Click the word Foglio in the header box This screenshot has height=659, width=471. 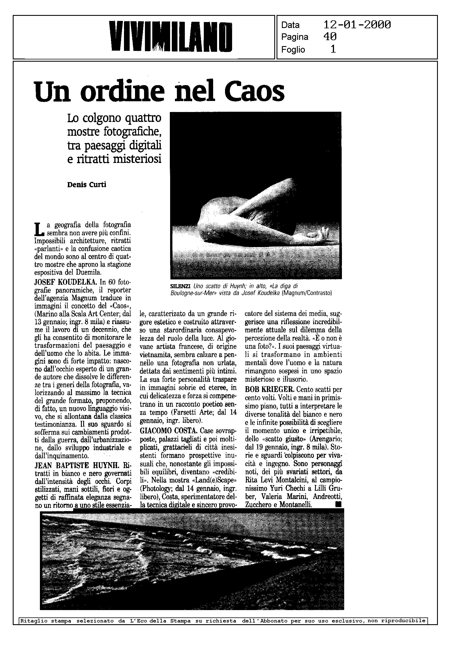pyautogui.click(x=293, y=49)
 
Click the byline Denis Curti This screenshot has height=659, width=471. pyautogui.click(x=87, y=185)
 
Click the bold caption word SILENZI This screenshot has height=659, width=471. pyautogui.click(x=180, y=286)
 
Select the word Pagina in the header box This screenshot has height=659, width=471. pyautogui.click(x=295, y=37)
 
